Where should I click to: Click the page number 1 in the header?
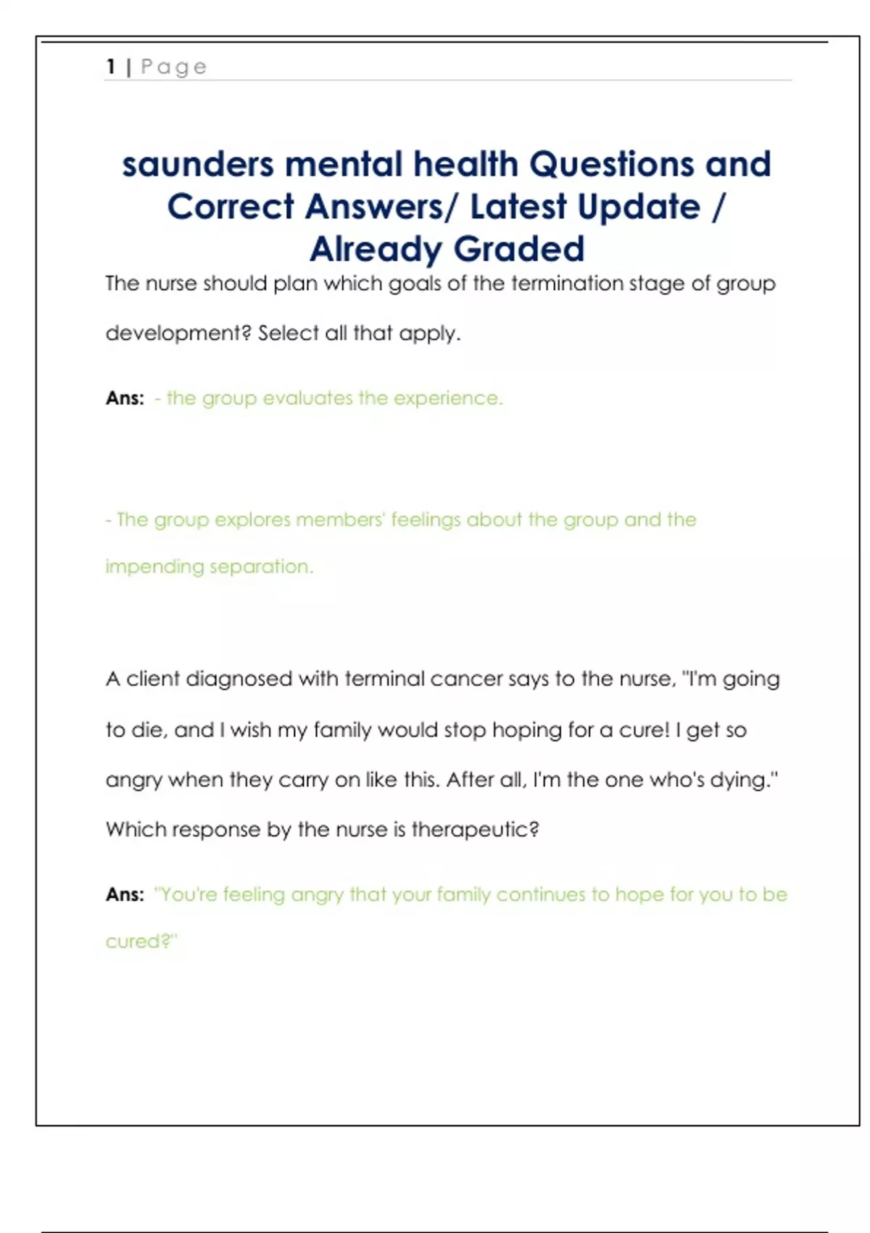pos(111,67)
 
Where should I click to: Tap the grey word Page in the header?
pos(174,67)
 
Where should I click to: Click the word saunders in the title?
pos(197,165)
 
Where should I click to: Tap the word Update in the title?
pos(639,208)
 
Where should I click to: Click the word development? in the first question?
pos(178,334)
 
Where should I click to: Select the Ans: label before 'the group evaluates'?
pos(125,398)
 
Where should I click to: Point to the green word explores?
pos(252,520)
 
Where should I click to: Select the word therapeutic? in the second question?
pos(475,830)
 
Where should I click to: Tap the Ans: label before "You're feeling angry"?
pos(125,895)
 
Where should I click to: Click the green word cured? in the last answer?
pos(141,941)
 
